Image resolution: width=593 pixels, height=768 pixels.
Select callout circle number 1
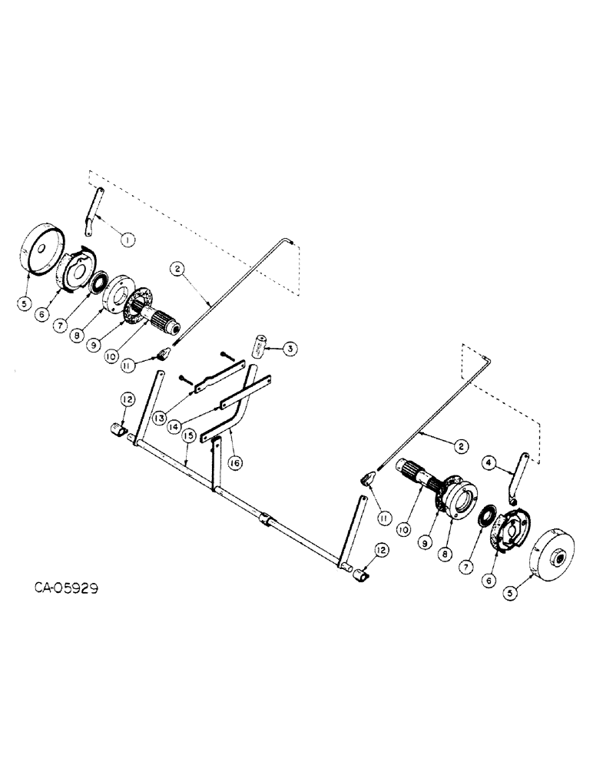pos(127,240)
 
